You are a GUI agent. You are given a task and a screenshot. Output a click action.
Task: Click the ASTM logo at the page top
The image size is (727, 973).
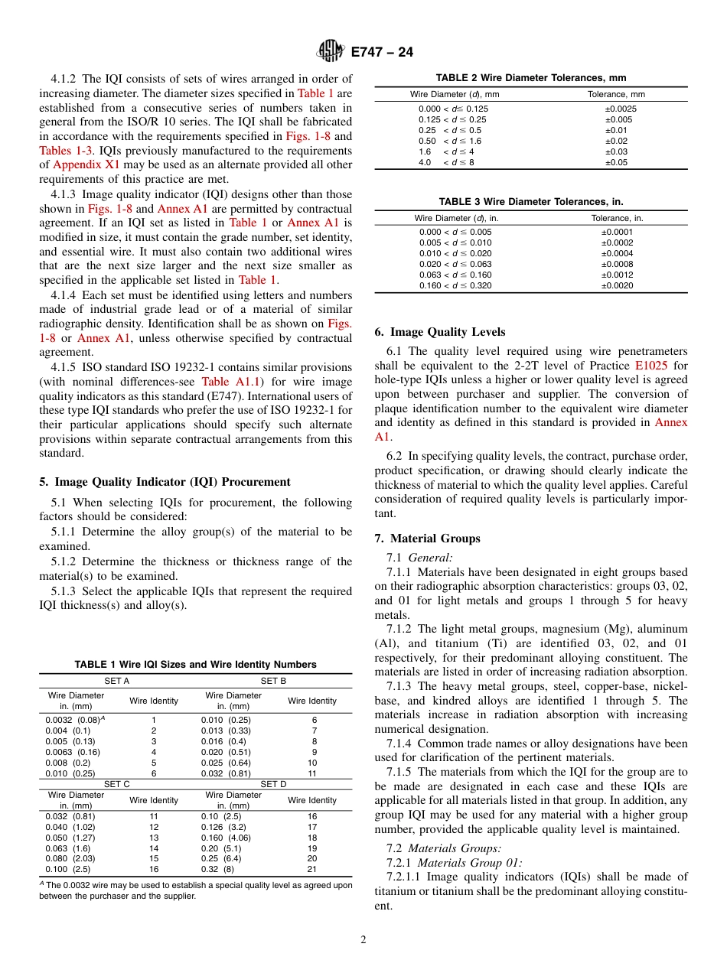point(331,51)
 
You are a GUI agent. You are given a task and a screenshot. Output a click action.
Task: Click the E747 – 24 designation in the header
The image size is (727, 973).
point(382,52)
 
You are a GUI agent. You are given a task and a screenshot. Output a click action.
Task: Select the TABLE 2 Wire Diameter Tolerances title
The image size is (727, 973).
point(530,78)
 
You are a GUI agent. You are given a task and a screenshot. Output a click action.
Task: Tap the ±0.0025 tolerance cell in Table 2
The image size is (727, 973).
point(620,109)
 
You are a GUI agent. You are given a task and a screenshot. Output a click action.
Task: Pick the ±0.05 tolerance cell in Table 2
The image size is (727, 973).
point(616,162)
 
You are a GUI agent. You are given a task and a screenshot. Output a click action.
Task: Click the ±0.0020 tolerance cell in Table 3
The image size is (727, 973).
point(617,285)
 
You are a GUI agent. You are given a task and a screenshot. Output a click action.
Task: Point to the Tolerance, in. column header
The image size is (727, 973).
point(617,218)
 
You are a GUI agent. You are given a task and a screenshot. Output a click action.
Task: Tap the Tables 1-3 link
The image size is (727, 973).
point(66,151)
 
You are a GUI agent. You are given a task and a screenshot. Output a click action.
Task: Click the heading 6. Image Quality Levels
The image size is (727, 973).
point(439,332)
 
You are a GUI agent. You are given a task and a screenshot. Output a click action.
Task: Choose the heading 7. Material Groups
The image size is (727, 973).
point(427,539)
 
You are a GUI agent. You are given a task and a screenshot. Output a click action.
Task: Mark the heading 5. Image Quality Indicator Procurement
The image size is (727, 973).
point(165,482)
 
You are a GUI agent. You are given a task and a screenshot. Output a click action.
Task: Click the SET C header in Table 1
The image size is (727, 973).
point(116,784)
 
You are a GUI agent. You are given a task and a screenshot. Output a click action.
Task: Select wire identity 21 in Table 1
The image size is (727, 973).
point(312,869)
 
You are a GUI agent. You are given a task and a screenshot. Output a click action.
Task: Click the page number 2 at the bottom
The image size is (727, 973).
point(363,940)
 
